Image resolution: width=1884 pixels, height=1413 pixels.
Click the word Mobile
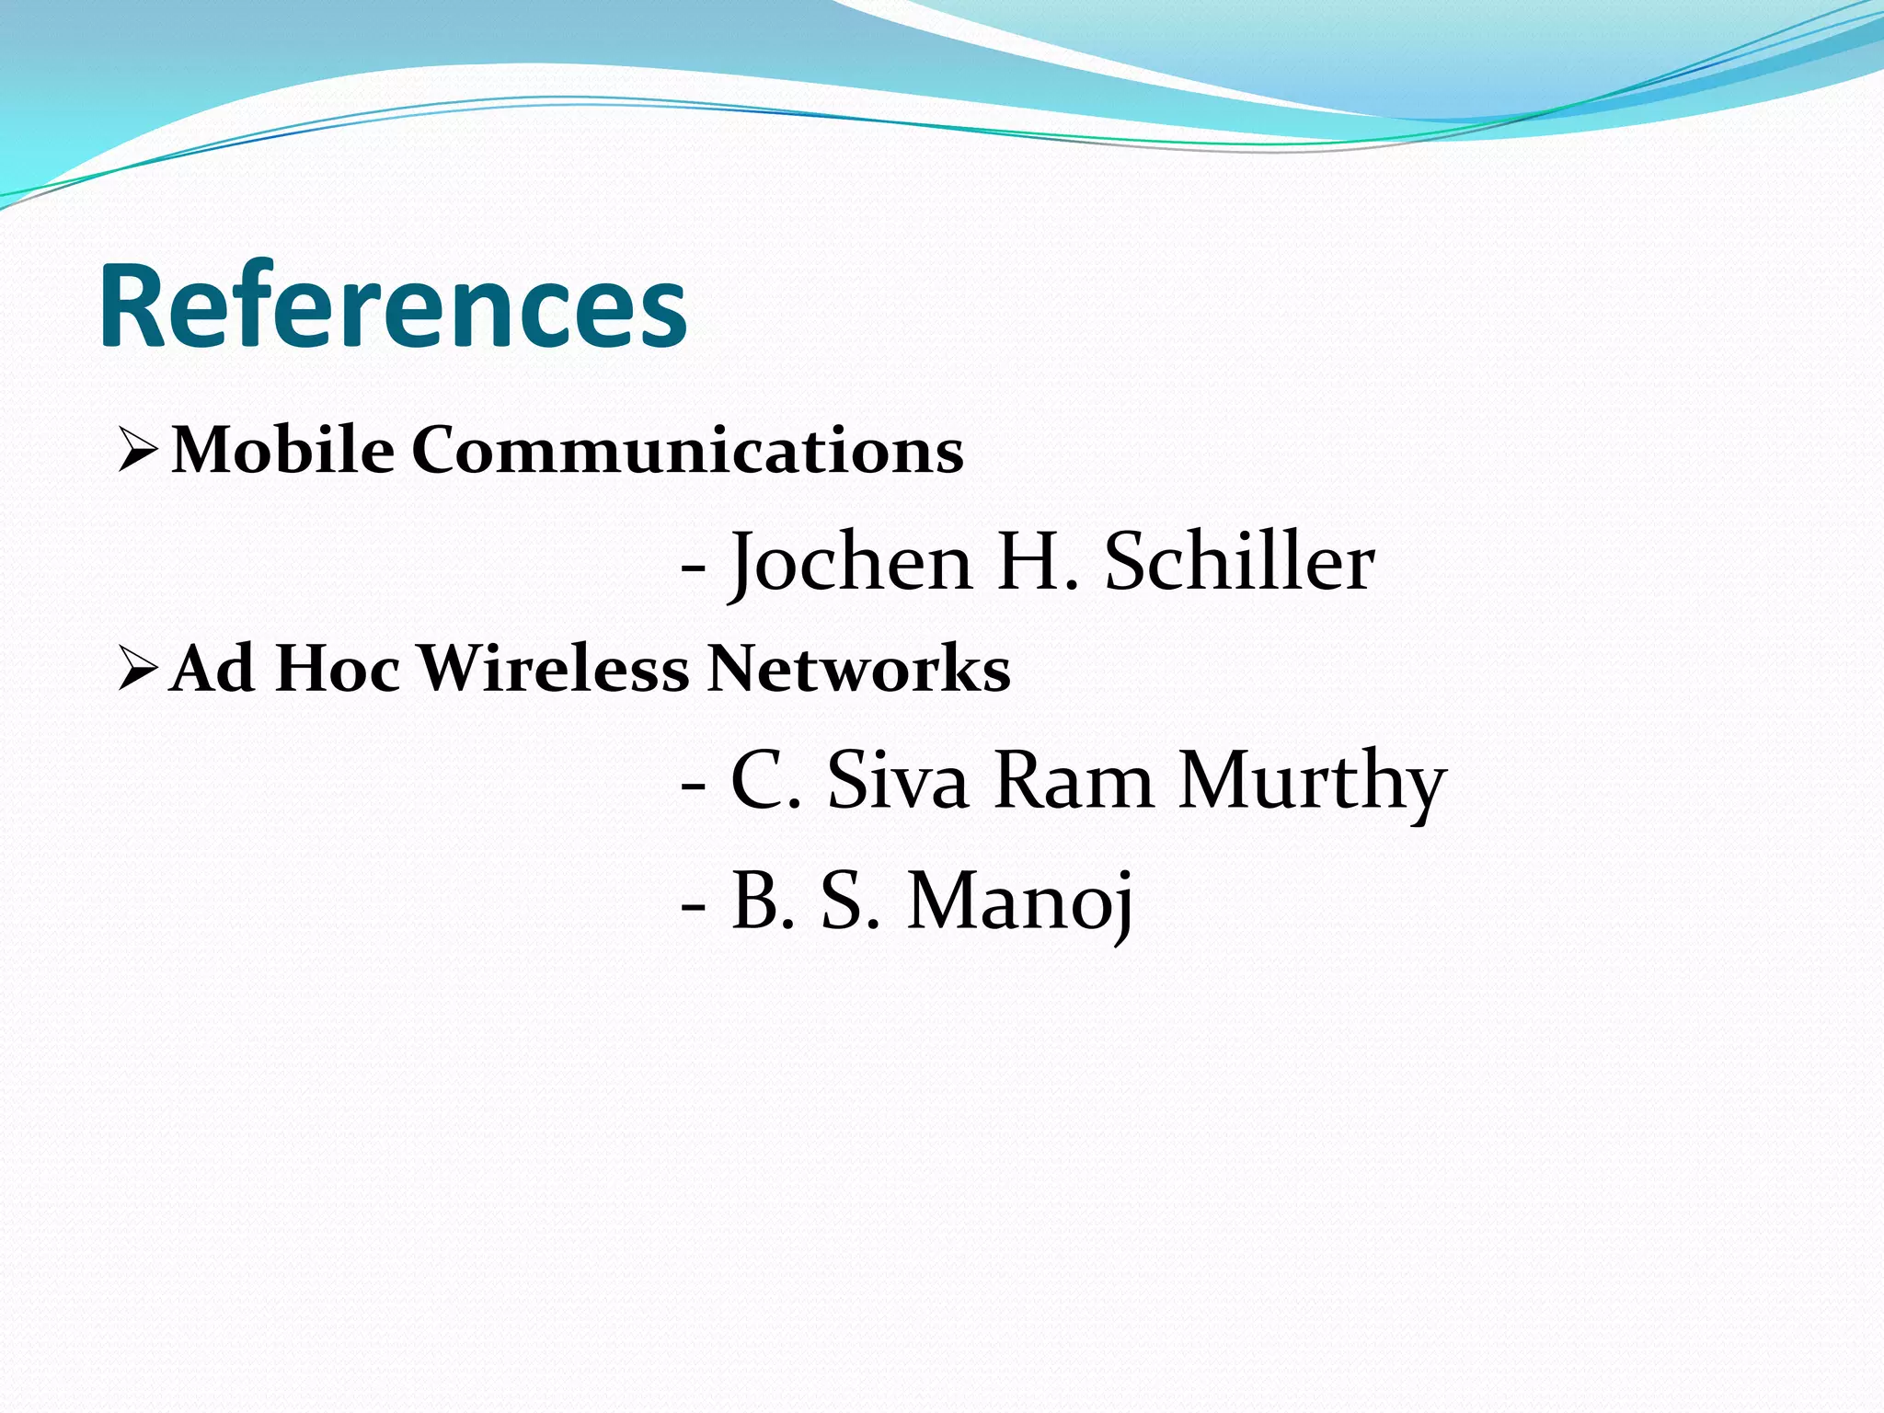click(283, 451)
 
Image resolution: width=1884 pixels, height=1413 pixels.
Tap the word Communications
click(687, 451)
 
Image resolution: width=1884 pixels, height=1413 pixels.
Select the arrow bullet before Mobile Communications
click(138, 452)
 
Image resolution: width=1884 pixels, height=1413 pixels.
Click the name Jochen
click(851, 563)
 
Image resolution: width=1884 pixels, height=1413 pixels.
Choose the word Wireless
click(554, 668)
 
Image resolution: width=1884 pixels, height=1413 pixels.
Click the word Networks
click(859, 668)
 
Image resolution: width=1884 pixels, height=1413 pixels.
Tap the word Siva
click(898, 781)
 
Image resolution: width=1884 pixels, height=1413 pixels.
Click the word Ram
click(1074, 781)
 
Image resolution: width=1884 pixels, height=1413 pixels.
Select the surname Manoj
click(1020, 902)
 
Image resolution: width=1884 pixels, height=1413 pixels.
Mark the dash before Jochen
click(694, 569)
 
